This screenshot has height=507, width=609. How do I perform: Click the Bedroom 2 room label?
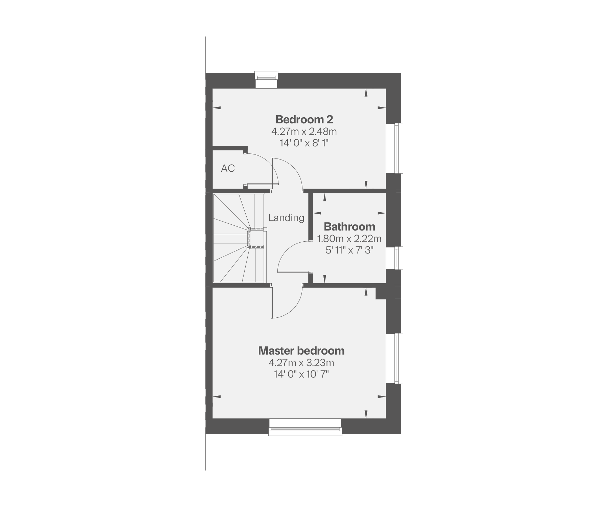coord(304,119)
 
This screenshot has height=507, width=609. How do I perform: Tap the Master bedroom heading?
coord(301,351)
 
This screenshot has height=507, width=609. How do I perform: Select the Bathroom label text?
coord(349,226)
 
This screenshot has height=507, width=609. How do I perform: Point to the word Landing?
coord(286,218)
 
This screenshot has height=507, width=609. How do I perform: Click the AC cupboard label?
coord(228,168)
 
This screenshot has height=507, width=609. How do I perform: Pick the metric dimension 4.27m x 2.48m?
coord(304,131)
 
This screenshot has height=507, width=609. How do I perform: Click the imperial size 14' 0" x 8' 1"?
coord(304,143)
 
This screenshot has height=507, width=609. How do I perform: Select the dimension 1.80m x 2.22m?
coord(349,239)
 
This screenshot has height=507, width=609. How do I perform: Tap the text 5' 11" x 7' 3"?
coord(349,250)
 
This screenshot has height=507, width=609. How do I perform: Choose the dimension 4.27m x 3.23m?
coord(301,363)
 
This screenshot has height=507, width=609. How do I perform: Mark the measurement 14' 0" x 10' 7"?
coord(301,375)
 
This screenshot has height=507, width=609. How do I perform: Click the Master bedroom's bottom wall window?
coord(305,427)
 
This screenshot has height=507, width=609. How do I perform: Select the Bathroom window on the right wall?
coord(394,258)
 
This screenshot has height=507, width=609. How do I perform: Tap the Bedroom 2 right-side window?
coord(394,148)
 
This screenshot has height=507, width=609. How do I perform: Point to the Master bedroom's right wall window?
coord(394,358)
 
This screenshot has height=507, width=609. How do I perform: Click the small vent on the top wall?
coord(266,80)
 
